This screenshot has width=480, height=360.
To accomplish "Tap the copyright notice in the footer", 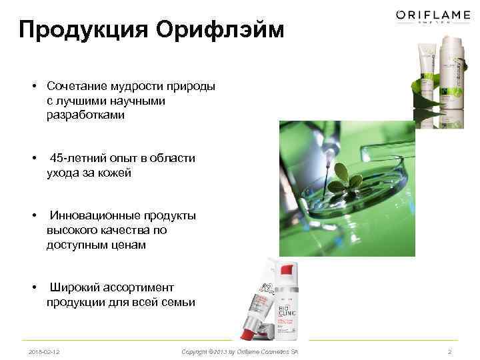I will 240,351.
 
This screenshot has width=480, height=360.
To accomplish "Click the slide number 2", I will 450,351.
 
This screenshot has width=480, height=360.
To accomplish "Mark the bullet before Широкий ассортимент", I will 32,288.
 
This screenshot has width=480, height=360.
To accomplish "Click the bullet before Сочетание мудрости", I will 32,87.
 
